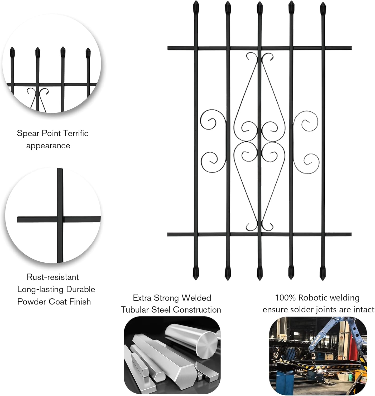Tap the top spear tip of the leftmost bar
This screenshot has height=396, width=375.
[x=196, y=7]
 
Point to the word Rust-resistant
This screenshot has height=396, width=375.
[x=53, y=277]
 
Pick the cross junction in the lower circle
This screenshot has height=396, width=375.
[x=60, y=219]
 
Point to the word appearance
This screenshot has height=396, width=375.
[x=48, y=146]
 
